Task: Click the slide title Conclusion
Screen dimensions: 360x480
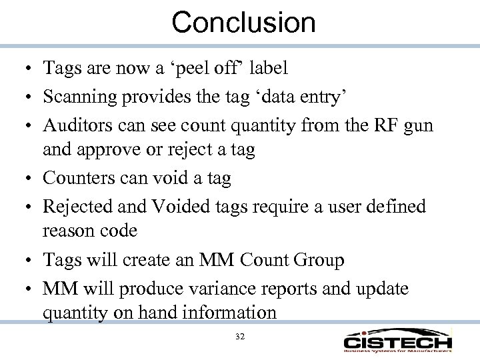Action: tap(243, 22)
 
